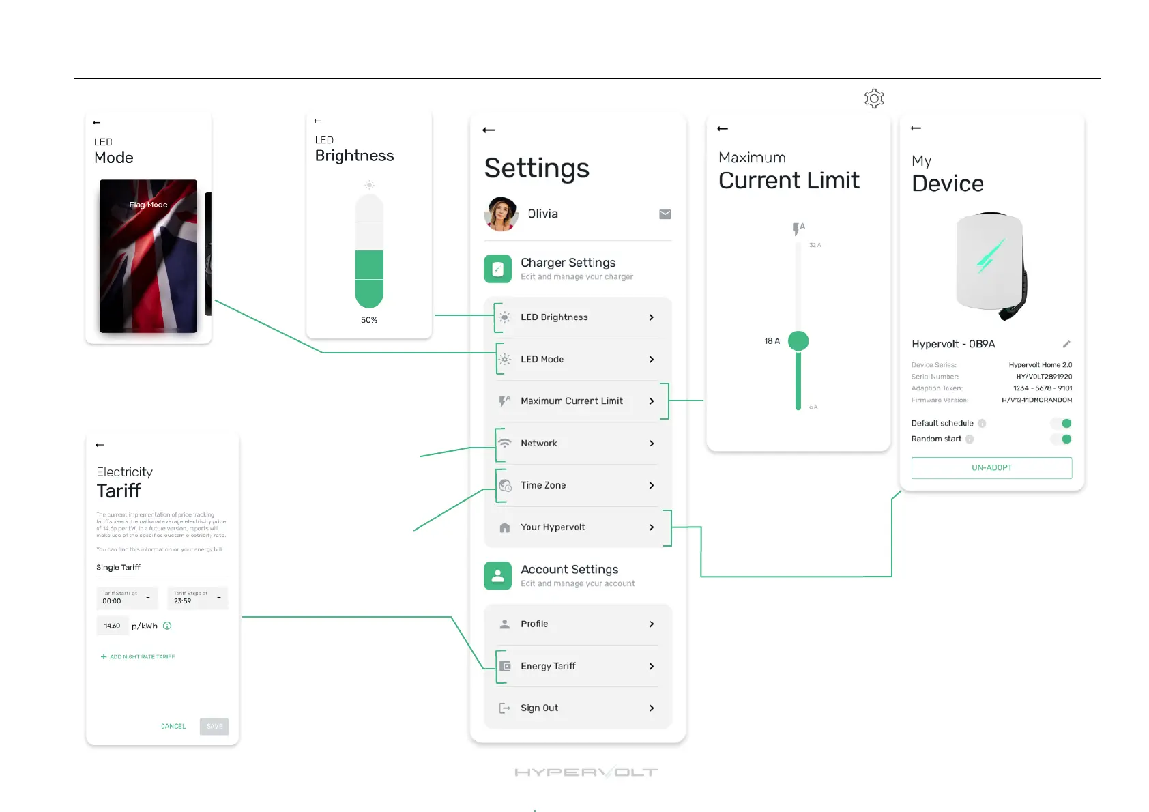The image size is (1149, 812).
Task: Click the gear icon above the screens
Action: click(x=874, y=99)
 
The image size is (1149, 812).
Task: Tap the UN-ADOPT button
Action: click(x=991, y=468)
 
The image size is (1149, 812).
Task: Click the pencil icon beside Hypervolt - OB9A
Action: click(x=1066, y=344)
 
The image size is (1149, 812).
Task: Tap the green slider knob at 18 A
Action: click(x=798, y=340)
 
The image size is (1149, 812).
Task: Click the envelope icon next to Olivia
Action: click(x=665, y=214)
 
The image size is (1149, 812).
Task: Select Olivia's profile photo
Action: click(x=501, y=214)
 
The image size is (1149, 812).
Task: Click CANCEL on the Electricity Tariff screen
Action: click(x=173, y=727)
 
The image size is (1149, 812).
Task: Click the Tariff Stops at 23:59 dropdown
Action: click(x=197, y=598)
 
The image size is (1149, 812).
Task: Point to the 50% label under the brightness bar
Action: click(x=369, y=320)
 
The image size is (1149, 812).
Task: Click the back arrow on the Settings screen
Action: click(x=489, y=130)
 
